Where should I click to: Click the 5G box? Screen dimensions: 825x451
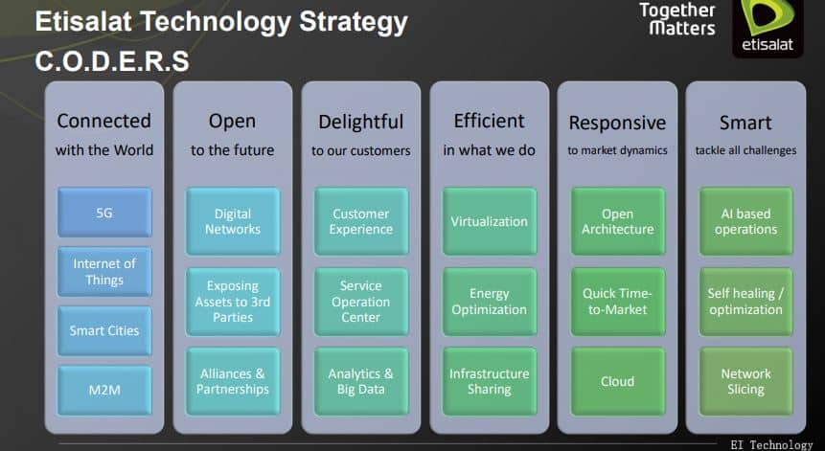point(104,213)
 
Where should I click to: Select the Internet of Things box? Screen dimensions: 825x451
point(104,272)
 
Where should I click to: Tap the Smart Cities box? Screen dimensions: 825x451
point(104,331)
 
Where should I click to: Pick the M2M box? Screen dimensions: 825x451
point(104,390)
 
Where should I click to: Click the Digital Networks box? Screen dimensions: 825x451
point(233,221)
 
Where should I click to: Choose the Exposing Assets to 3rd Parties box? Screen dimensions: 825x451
point(233,302)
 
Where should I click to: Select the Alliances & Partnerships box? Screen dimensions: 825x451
point(233,382)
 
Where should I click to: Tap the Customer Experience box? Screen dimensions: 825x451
point(361,221)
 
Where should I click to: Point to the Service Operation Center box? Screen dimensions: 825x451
point(361,302)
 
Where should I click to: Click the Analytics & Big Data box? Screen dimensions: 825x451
point(361,382)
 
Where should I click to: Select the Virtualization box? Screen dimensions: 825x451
point(490,221)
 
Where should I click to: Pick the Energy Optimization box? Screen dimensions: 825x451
point(490,302)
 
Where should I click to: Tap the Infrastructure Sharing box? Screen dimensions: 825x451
point(490,382)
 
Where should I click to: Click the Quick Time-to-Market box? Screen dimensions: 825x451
point(618,302)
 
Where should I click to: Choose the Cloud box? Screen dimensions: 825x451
point(618,382)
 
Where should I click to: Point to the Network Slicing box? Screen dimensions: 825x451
point(746,382)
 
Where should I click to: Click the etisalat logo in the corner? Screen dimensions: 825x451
point(768,27)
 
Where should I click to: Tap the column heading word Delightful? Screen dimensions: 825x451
point(361,122)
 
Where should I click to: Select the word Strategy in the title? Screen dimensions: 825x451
point(354,23)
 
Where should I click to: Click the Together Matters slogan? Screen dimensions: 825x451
point(677,19)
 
